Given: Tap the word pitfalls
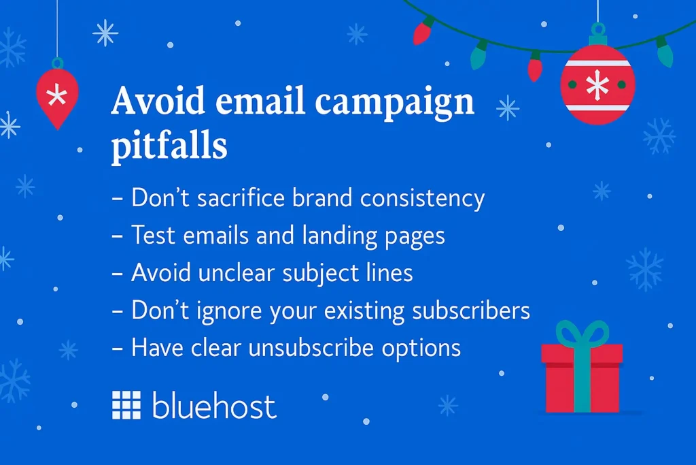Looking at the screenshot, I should [169, 147].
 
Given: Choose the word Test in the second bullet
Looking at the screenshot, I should [153, 236].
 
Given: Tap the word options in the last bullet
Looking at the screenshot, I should [421, 349].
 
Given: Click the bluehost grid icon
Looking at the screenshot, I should [126, 405].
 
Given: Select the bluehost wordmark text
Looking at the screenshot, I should [214, 406].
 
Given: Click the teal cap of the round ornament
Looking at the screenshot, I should [597, 31].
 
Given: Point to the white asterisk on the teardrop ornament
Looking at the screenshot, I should [56, 94].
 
